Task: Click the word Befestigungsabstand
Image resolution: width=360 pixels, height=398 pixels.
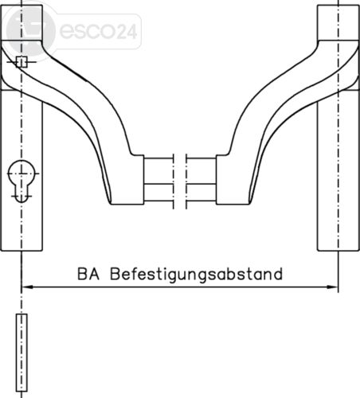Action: click(196, 275)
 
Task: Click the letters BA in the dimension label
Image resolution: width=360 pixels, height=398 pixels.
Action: click(88, 274)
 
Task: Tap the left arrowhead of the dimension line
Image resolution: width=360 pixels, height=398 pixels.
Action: click(27, 287)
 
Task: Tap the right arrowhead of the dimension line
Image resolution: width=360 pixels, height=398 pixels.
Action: click(332, 287)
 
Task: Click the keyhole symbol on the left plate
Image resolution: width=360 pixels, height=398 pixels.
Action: click(22, 181)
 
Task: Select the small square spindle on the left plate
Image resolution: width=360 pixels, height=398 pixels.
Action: click(22, 62)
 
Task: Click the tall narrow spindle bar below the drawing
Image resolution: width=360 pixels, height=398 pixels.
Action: click(22, 353)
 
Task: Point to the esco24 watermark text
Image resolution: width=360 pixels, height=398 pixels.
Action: click(99, 31)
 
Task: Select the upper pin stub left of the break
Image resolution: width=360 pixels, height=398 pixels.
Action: click(158, 171)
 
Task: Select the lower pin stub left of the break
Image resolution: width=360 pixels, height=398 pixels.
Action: click(158, 193)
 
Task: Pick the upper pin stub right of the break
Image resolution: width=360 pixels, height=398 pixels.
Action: click(202, 171)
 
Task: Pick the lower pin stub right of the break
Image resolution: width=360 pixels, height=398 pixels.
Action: click(202, 193)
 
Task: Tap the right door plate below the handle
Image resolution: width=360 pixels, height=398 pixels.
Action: click(338, 170)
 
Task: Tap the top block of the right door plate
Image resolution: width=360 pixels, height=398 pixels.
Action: click(338, 23)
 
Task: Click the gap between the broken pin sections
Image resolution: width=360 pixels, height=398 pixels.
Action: click(180, 181)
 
